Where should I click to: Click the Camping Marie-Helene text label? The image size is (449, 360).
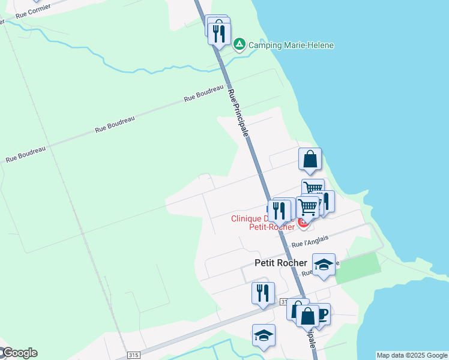(291, 45)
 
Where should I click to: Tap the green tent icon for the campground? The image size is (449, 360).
(239, 44)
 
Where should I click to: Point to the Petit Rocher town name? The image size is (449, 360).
(281, 263)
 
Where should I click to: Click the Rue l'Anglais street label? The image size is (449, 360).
(310, 242)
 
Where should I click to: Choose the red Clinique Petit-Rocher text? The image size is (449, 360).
(264, 223)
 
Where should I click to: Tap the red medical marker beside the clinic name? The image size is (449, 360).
(303, 224)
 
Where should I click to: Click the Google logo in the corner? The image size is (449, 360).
(19, 353)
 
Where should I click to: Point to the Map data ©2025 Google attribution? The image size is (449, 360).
(411, 355)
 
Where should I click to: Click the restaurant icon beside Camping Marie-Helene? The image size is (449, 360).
(219, 33)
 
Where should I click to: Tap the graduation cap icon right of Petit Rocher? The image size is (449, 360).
(324, 265)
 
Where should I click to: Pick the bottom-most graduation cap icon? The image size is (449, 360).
(264, 336)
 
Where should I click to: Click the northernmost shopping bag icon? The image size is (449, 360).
(310, 160)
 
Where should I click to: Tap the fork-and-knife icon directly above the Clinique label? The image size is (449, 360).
(279, 210)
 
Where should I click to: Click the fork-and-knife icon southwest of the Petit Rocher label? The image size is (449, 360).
(263, 293)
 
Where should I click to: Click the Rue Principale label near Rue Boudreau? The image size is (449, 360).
(238, 112)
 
